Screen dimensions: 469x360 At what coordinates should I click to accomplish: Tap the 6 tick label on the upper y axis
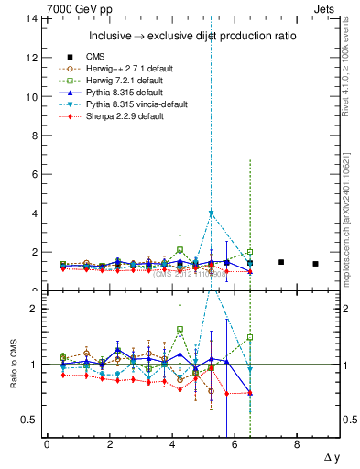point(33,175)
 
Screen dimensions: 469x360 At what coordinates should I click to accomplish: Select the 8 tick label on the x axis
point(297,444)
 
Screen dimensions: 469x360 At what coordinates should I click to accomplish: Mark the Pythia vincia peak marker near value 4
point(212,213)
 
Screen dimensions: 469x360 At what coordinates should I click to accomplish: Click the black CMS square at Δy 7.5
point(281,262)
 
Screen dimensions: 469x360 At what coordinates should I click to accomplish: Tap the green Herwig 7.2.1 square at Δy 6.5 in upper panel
point(250,252)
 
